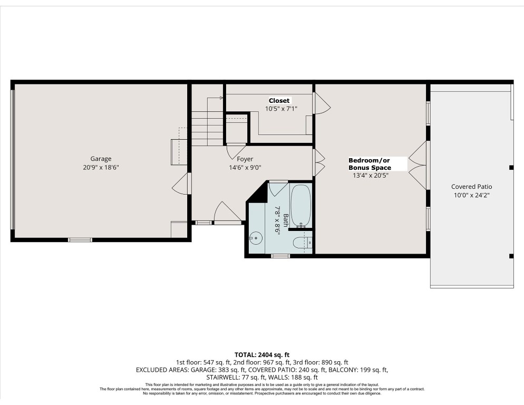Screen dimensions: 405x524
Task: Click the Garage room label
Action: (101, 159)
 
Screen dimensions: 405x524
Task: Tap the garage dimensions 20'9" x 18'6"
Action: (101, 168)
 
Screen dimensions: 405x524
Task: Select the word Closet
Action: (279, 101)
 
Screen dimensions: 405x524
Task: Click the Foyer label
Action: (245, 159)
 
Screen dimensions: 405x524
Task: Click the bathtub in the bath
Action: (302, 206)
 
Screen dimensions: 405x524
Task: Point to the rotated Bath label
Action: (280, 220)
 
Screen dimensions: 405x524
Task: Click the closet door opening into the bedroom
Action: (321, 103)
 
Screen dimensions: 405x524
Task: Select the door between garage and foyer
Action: (181, 184)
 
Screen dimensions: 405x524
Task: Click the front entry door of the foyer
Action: (227, 213)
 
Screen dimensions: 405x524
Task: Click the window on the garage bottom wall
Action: (80, 240)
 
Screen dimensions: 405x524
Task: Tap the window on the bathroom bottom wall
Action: (280, 256)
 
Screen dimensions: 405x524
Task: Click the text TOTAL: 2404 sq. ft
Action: (262, 354)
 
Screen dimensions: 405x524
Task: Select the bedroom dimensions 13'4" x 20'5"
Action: (371, 176)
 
